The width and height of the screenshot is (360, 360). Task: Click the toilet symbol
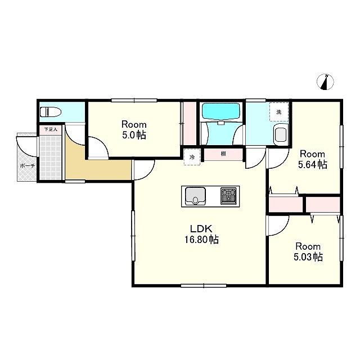[51, 112]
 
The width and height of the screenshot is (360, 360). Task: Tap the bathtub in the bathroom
[220, 111]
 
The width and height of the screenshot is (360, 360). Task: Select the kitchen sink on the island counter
[195, 196]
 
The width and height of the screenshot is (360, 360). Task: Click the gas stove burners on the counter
[228, 196]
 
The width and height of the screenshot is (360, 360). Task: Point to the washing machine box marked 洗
[279, 112]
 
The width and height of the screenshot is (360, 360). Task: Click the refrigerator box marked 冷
[192, 157]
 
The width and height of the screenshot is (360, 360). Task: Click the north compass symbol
[325, 82]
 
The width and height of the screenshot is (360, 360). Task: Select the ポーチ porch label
[28, 166]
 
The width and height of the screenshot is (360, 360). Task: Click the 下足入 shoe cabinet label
[51, 129]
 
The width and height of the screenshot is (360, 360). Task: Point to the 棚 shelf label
[223, 154]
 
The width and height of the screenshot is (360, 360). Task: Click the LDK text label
[201, 229]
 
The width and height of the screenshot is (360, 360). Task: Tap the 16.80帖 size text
[201, 240]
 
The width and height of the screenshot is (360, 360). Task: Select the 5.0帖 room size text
[134, 135]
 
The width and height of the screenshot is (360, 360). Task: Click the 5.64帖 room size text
[313, 165]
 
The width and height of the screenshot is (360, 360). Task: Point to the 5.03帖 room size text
[308, 257]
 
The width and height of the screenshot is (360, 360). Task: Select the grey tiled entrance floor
[51, 158]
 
